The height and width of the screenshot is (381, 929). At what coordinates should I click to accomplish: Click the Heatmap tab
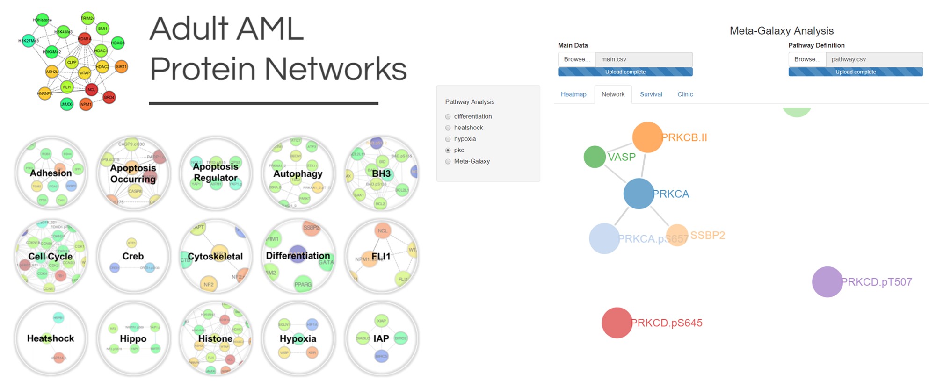click(x=573, y=94)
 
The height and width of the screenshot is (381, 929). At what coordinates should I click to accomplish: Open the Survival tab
click(x=651, y=94)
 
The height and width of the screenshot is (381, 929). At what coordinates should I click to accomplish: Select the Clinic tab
click(x=685, y=94)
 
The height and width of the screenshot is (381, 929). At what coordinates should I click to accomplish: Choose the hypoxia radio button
click(x=448, y=139)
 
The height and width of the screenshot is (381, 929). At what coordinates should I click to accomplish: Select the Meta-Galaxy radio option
click(x=448, y=161)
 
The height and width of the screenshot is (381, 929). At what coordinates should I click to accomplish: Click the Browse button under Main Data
click(x=577, y=59)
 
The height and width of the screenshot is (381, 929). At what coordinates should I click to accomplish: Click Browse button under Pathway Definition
click(x=807, y=59)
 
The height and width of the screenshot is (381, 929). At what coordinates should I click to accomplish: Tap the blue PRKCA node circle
click(x=639, y=194)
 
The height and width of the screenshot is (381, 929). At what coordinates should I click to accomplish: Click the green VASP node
click(x=595, y=157)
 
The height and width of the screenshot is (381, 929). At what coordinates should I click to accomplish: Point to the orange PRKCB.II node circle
click(x=647, y=137)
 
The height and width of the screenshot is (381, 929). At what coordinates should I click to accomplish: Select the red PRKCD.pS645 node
click(x=617, y=323)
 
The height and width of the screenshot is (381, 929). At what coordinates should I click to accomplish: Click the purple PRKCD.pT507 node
click(x=827, y=282)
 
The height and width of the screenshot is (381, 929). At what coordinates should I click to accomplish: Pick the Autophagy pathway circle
click(x=298, y=173)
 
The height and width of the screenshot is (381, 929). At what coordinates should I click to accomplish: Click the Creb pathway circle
click(x=133, y=256)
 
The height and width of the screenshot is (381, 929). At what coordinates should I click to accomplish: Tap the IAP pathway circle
click(x=381, y=338)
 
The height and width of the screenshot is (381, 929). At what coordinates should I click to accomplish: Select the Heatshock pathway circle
click(x=51, y=338)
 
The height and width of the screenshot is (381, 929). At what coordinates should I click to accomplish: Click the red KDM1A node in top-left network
click(x=85, y=39)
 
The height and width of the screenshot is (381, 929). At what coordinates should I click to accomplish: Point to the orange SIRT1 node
click(x=121, y=66)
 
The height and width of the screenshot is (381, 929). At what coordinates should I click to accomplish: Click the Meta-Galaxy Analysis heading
click(x=781, y=31)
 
